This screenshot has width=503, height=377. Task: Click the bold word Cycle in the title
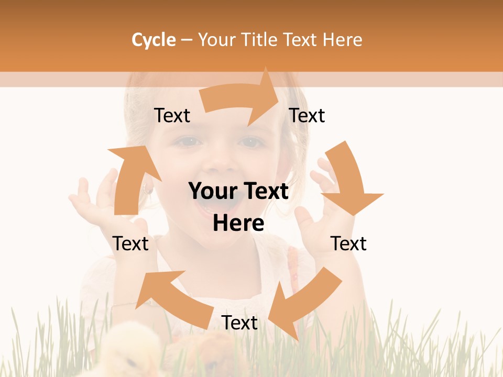[x=154, y=40]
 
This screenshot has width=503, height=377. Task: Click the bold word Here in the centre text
[x=238, y=224]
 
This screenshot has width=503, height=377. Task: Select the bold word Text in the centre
[x=265, y=192]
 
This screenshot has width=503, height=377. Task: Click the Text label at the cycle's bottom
[x=239, y=323]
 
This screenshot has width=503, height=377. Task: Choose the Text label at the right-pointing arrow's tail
[x=172, y=116]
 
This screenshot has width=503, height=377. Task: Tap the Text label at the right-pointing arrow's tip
[x=307, y=116]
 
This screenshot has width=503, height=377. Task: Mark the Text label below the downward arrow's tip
[x=348, y=243]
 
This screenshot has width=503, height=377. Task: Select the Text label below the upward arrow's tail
[x=130, y=243]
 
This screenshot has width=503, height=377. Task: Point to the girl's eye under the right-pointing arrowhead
[x=250, y=141]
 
